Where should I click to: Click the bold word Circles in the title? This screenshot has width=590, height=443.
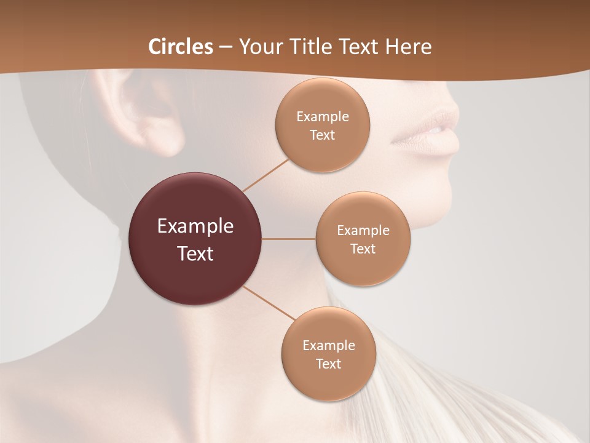[x=180, y=47]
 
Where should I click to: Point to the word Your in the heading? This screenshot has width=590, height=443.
[x=259, y=47]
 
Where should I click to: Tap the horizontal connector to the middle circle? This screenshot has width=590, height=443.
[x=288, y=239]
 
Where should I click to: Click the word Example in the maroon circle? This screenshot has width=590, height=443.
[x=195, y=226]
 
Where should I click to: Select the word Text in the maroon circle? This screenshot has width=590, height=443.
[x=195, y=253]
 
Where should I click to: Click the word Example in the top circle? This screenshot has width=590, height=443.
[x=322, y=117]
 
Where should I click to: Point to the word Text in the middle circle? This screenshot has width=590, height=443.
[x=363, y=249]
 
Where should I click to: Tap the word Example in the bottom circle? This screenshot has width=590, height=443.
[x=328, y=346]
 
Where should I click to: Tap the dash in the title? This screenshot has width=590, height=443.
[x=226, y=47]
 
